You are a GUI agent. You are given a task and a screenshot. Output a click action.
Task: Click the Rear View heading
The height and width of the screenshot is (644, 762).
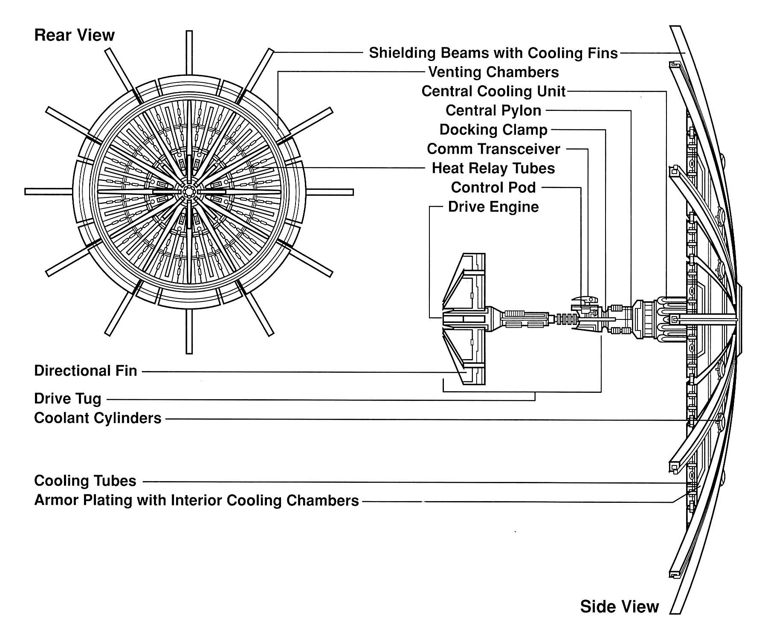[x=74, y=35]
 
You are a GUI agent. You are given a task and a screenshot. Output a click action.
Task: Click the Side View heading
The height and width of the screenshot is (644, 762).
[x=619, y=606]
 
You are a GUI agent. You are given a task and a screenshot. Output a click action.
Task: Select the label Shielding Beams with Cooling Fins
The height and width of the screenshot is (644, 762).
[x=493, y=53]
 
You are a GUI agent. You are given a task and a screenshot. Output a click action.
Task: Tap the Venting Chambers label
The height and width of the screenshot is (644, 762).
[x=493, y=72]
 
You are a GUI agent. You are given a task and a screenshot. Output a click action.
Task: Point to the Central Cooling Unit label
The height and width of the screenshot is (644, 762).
[x=493, y=91]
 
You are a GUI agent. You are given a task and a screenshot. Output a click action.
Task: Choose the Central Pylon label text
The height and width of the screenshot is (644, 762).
[x=493, y=110]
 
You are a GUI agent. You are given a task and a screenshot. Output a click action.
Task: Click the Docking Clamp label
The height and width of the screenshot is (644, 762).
[x=493, y=130]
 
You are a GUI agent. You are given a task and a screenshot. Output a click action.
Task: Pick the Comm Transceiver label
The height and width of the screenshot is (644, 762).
[x=493, y=149]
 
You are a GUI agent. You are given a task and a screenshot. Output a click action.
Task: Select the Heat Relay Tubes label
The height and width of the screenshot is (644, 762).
[x=493, y=168]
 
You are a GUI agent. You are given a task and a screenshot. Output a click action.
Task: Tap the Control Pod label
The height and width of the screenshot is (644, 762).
[x=493, y=187]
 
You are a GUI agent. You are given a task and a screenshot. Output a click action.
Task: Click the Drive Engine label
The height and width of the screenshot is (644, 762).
[x=493, y=207]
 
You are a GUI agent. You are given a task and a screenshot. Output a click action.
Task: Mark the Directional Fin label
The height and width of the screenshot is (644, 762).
[x=86, y=371]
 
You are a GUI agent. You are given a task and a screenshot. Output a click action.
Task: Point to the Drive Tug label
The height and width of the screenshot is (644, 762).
[x=68, y=399]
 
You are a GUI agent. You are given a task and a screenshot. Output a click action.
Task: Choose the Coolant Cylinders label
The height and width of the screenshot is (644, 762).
[x=98, y=418]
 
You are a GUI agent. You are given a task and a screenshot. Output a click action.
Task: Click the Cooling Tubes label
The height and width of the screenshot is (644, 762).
[x=85, y=481]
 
